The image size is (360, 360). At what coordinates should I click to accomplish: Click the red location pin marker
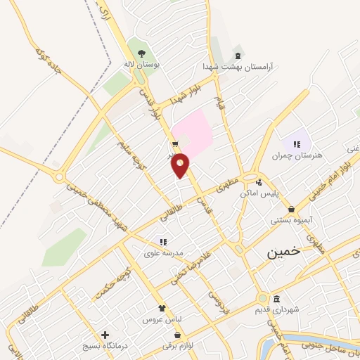coord(180,166)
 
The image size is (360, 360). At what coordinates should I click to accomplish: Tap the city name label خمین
coord(283,252)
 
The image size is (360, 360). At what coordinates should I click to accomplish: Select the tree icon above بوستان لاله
coord(142,53)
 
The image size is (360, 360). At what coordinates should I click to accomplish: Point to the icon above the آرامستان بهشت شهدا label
coord(237,54)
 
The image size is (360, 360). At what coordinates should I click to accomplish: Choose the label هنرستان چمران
coord(300,155)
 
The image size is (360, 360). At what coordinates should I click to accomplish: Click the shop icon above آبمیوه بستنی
coord(291,209)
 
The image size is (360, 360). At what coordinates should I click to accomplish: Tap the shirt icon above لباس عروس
coord(162,308)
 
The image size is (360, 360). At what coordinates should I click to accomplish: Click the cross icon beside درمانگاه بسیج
coord(105,335)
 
